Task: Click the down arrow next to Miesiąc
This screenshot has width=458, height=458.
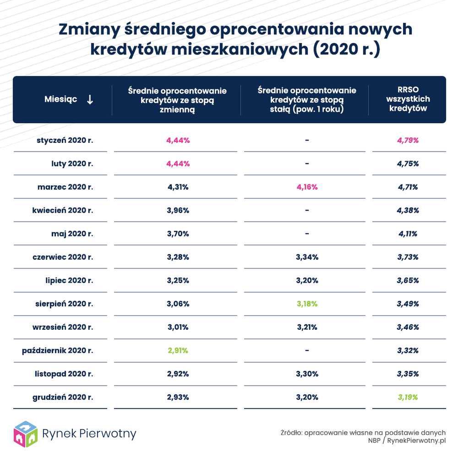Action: click(90, 99)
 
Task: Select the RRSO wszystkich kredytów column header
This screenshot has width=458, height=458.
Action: click(408, 99)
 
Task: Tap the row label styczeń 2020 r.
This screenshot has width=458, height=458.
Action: click(65, 140)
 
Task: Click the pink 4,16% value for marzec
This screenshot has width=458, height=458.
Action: click(306, 187)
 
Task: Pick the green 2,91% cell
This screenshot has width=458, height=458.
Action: click(178, 350)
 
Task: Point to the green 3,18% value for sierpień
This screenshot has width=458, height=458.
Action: click(306, 304)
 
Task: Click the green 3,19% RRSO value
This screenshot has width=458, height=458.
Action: click(408, 397)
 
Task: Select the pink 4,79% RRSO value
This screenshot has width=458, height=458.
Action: click(408, 140)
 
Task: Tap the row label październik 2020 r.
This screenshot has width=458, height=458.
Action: click(57, 350)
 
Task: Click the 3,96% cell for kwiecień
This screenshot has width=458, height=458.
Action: click(178, 210)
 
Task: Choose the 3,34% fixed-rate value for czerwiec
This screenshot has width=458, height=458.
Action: click(306, 257)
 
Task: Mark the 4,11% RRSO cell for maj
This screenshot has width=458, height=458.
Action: click(408, 234)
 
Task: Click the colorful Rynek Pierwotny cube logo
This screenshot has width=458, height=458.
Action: click(25, 433)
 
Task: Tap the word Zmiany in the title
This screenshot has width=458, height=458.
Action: click(87, 29)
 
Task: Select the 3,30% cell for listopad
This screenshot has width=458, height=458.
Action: click(306, 374)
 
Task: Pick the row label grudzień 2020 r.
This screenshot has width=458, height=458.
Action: click(63, 397)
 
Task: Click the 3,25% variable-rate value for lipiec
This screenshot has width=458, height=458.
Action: click(178, 280)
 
